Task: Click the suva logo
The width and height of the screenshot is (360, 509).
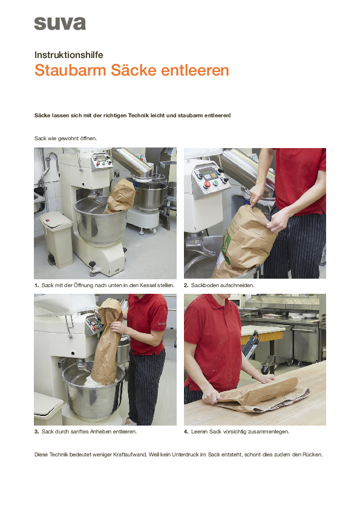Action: (x=60, y=24)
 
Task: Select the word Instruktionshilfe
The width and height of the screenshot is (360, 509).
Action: (x=69, y=55)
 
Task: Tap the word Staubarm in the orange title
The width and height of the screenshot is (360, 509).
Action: (x=71, y=70)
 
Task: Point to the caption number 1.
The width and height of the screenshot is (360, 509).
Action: (x=36, y=285)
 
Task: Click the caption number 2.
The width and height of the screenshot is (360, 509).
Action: (x=186, y=285)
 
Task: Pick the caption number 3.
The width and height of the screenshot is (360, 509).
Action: (x=36, y=432)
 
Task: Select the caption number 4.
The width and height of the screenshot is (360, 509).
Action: (x=186, y=432)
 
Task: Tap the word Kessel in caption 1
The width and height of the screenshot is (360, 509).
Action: (x=148, y=285)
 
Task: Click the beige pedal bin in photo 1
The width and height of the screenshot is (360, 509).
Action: (x=56, y=239)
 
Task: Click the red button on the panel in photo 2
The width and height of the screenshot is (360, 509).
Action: (x=207, y=185)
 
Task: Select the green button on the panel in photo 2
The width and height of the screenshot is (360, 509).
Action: (x=215, y=183)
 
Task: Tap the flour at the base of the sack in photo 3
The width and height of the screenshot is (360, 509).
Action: (x=94, y=382)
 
